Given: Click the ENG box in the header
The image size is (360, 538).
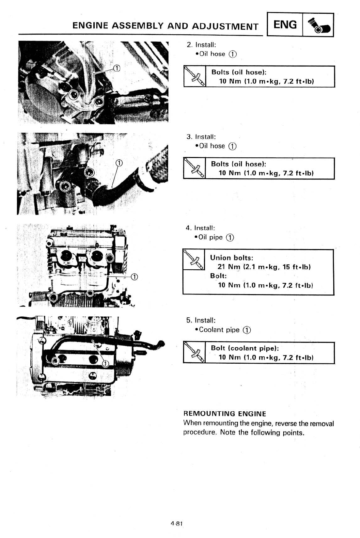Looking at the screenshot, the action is point(285,24).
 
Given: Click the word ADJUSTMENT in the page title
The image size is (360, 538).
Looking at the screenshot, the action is point(225,26).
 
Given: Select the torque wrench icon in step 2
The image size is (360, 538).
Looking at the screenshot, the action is point(195,76).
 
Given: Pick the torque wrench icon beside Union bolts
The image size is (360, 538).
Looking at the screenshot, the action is point(194,260).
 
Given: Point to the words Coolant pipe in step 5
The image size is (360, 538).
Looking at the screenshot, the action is point(219,330).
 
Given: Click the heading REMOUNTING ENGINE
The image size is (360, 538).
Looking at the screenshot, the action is point(225,414).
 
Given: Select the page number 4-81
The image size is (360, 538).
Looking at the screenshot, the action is point(176,524).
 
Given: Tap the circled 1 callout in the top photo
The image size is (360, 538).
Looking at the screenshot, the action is point(116,68).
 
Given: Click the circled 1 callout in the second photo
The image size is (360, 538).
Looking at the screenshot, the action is point(119,163).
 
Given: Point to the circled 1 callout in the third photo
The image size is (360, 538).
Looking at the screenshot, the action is point(134,277).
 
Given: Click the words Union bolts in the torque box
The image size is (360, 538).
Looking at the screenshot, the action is point(232,258).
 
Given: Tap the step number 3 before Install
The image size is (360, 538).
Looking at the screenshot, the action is point(188,136).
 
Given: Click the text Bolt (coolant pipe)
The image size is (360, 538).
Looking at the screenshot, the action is point(245,348).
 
